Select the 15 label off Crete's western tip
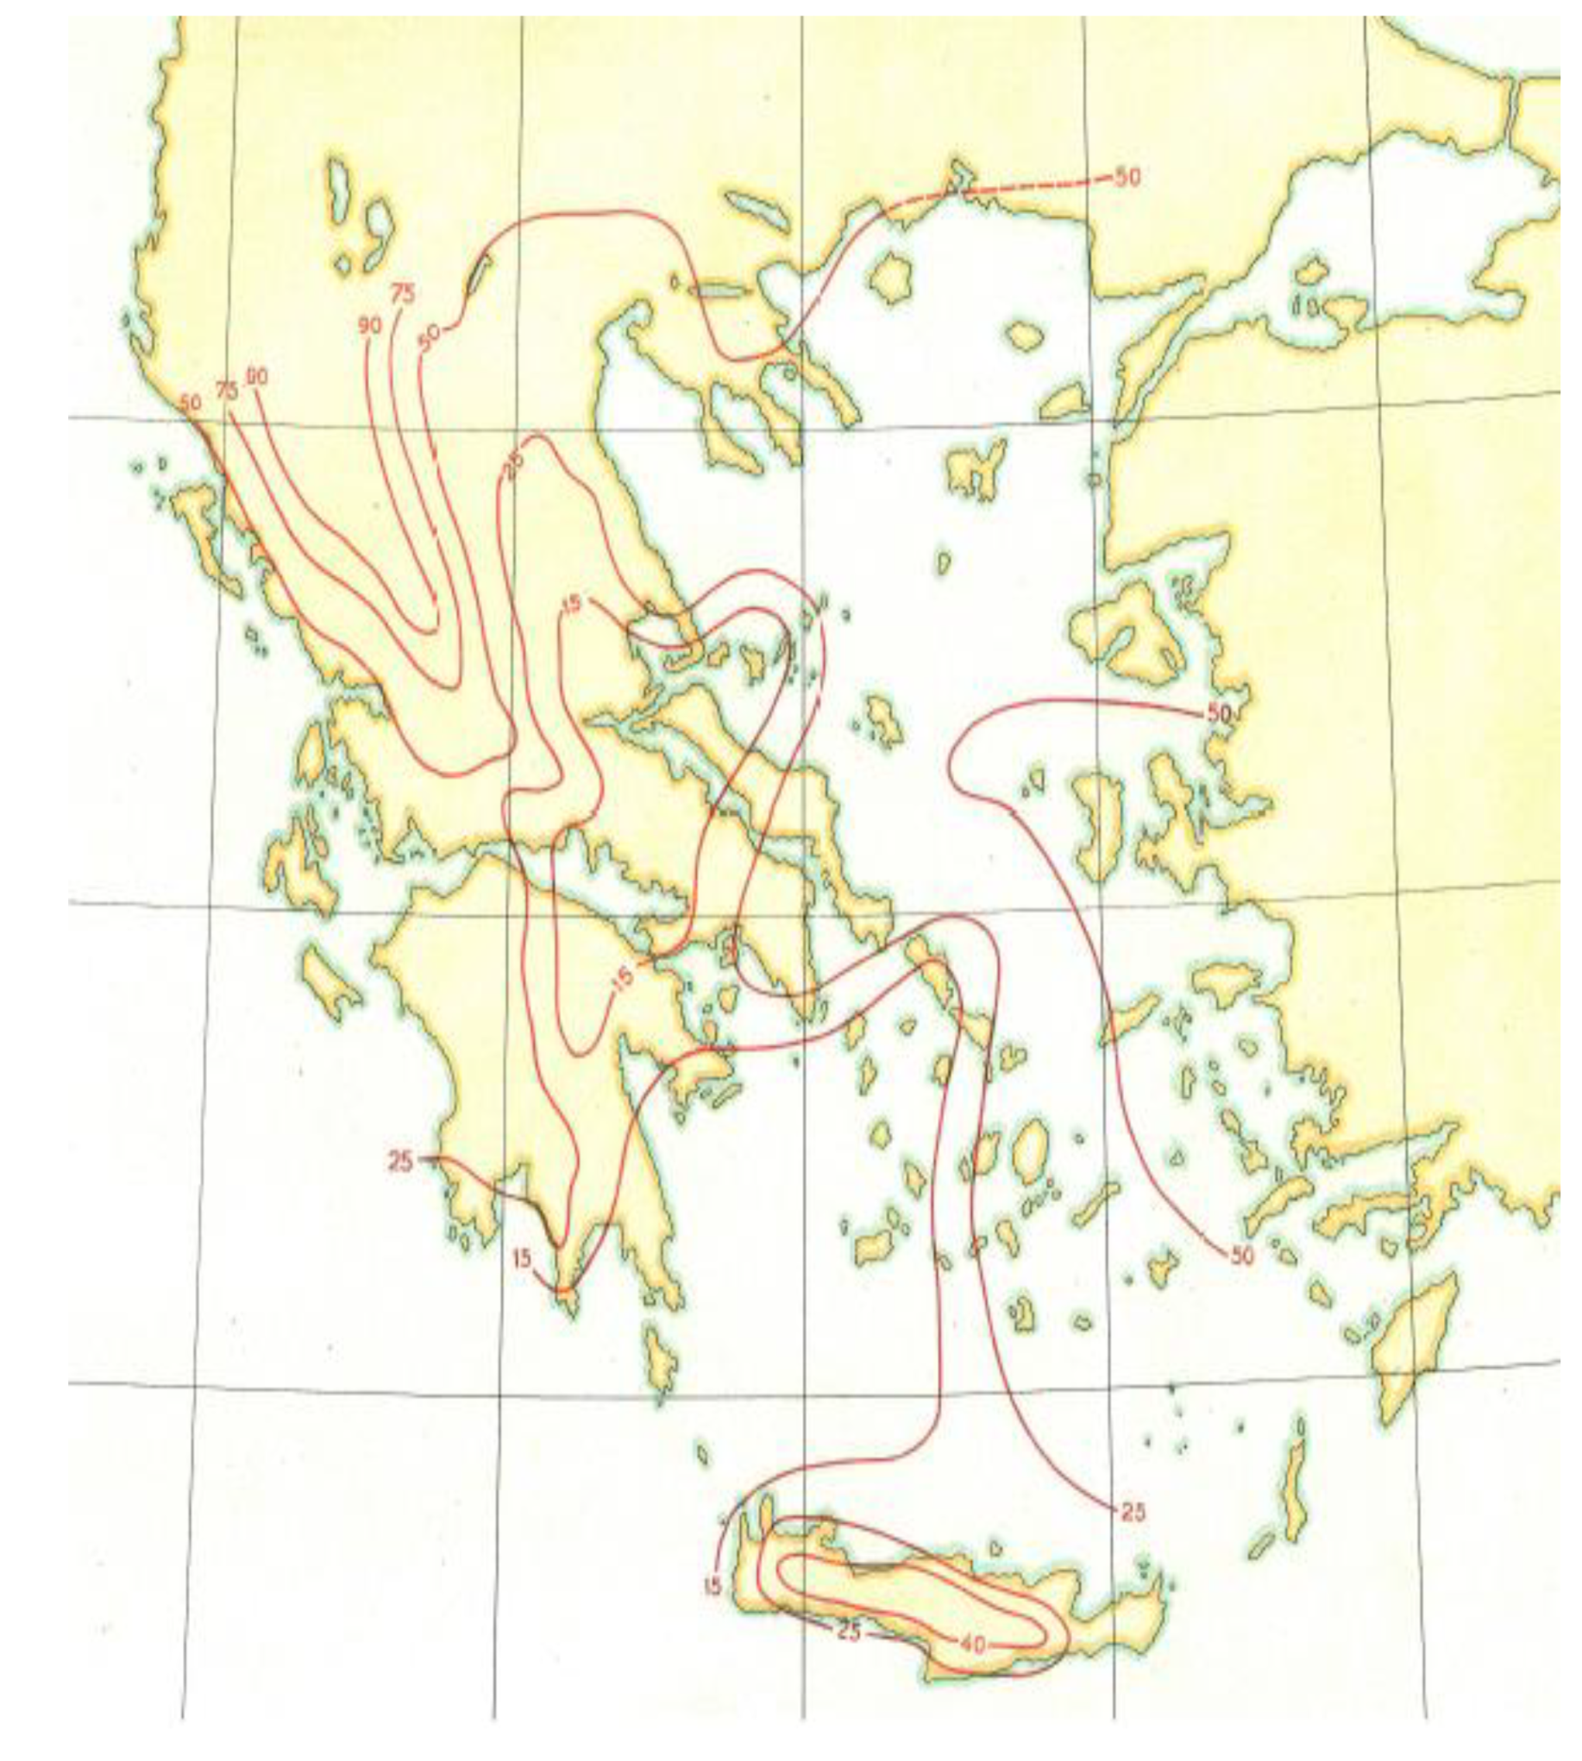pyautogui.click(x=713, y=1586)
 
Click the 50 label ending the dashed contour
pyautogui.click(x=1127, y=178)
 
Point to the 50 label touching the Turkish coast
pyautogui.click(x=1219, y=713)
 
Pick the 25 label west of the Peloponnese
pyautogui.click(x=400, y=1162)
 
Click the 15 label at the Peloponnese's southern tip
pyautogui.click(x=522, y=1258)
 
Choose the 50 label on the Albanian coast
pyautogui.click(x=191, y=403)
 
